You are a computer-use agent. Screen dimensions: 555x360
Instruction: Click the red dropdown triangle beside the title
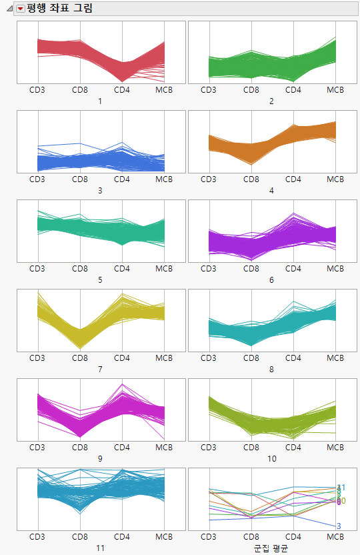[x=20, y=9]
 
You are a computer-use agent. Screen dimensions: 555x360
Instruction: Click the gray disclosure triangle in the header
[x=9, y=9]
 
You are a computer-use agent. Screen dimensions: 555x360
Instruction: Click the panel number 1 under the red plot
[x=100, y=101]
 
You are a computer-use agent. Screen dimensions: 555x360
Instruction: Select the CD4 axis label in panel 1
[x=122, y=89]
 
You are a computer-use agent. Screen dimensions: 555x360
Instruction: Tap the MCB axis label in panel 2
[x=335, y=89]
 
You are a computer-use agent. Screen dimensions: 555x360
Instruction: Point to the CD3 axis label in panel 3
[x=37, y=179]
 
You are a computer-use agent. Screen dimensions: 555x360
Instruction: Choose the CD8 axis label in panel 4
[x=251, y=179]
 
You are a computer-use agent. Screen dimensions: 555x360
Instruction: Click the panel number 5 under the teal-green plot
[x=100, y=280]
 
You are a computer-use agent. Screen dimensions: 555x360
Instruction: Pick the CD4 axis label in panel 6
[x=293, y=268]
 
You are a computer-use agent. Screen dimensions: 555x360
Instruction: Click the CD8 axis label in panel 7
[x=80, y=358]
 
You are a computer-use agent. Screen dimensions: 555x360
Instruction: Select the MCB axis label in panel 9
[x=164, y=447]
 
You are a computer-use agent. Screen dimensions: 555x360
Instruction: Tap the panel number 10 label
[x=271, y=459]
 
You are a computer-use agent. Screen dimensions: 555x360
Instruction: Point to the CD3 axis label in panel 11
[x=37, y=536]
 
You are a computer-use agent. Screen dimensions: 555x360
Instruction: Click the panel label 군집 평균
[x=271, y=548]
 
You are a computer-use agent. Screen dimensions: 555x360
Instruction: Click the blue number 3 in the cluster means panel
[x=339, y=526]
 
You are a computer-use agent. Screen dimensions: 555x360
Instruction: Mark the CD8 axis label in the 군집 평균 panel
[x=251, y=536]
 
